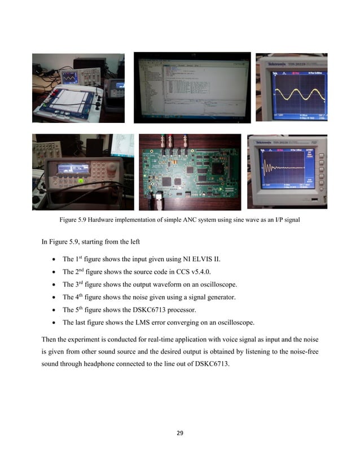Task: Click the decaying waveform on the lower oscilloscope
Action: tap(276, 168)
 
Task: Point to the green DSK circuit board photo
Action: tap(190, 175)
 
